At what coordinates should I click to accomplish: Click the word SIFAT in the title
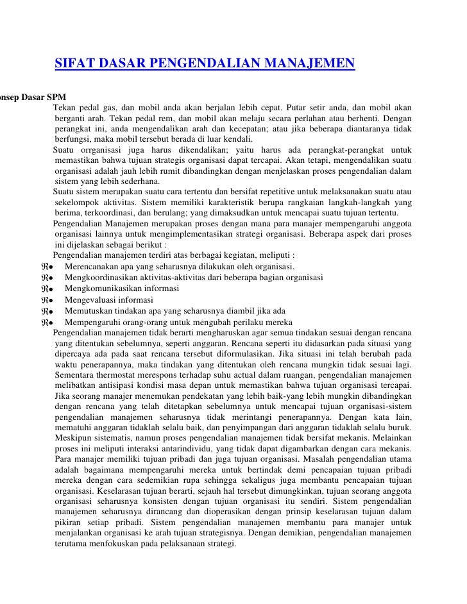pos(73,63)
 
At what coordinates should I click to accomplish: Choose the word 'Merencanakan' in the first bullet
pos(94,266)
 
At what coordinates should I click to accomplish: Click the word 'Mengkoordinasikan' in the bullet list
pos(104,277)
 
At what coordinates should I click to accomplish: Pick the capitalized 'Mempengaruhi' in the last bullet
pos(93,322)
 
